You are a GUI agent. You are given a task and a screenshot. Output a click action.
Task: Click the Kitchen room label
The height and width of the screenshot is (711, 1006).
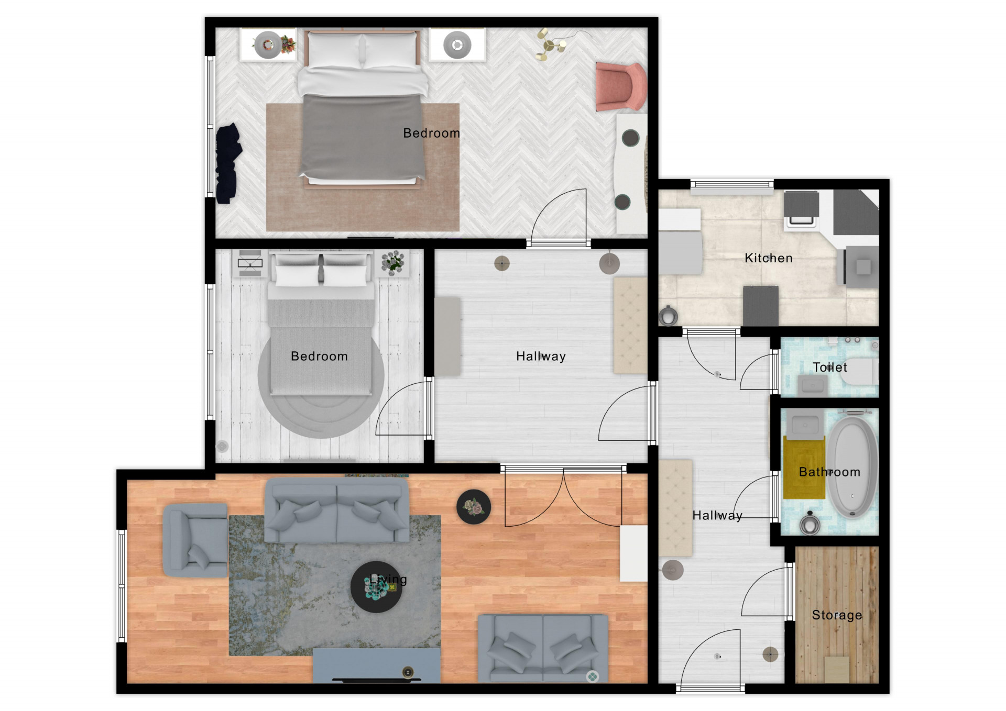[768, 258]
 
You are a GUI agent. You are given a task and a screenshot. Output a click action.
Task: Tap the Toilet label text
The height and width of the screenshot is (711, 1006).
[829, 367]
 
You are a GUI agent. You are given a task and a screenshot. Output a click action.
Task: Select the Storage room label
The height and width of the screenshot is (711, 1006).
[837, 615]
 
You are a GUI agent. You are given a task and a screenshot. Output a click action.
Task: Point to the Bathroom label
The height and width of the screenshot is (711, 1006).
[829, 472]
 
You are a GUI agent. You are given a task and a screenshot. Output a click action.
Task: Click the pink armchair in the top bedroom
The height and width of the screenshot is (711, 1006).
[621, 86]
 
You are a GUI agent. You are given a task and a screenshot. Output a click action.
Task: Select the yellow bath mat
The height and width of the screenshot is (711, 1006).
[804, 468]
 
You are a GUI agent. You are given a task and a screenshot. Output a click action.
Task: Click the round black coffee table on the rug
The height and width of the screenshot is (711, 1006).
[376, 587]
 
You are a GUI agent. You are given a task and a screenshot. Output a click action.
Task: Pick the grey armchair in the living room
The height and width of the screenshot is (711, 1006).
[195, 540]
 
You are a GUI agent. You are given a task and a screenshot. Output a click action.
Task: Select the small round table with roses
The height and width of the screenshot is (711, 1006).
[474, 507]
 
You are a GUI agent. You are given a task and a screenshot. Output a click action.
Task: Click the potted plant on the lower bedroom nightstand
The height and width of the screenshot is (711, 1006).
[392, 262]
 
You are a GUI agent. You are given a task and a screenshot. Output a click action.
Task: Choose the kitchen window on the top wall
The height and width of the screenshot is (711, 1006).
[732, 184]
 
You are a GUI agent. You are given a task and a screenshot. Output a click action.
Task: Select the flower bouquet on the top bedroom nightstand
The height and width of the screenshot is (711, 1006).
[287, 44]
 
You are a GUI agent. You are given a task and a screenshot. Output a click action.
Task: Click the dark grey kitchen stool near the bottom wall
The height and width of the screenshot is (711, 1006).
[760, 306]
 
